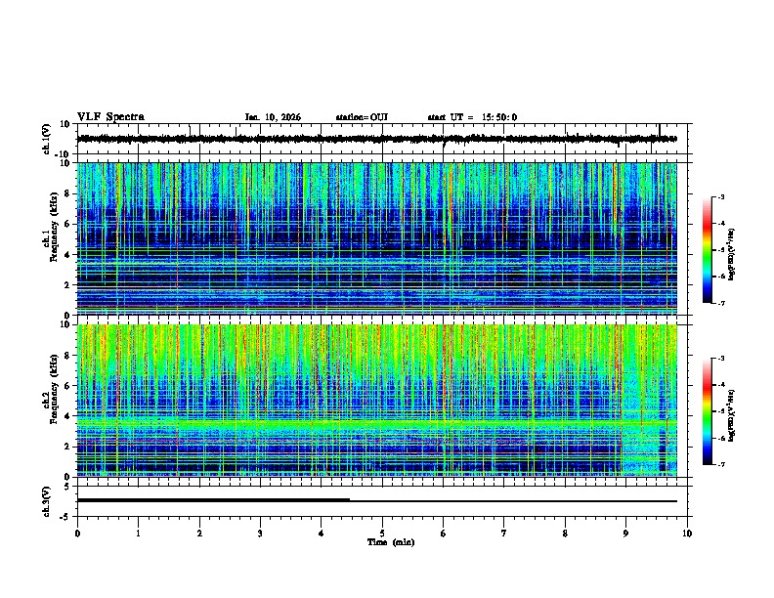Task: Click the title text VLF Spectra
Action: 110,117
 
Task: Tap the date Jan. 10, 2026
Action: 273,117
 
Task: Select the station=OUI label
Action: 362,117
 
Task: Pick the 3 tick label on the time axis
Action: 260,533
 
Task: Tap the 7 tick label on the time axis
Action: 504,533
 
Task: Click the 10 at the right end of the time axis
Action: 687,533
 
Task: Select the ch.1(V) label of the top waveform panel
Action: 47,139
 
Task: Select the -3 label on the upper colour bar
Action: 722,198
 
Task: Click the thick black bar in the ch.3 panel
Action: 213,500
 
